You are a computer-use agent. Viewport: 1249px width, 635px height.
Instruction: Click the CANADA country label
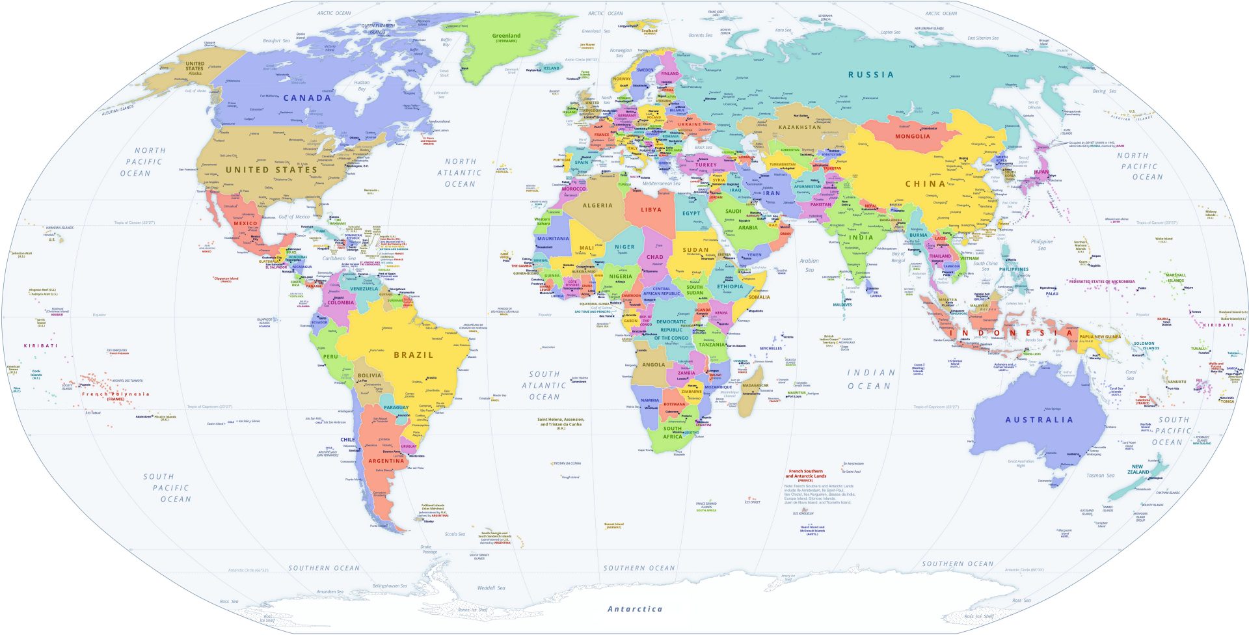[307, 98]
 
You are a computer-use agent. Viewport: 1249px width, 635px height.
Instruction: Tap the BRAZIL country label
[413, 355]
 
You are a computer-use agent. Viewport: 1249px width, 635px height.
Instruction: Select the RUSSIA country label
[870, 75]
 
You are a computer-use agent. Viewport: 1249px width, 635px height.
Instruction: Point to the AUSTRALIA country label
[1039, 420]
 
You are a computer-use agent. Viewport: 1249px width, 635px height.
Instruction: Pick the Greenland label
[506, 36]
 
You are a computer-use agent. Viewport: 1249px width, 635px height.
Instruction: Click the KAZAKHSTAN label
[799, 127]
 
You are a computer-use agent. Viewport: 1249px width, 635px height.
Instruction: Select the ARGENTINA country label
[386, 461]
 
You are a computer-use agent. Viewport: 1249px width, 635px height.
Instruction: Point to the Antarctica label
[635, 610]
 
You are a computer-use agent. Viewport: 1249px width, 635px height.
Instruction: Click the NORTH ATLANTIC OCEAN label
[460, 172]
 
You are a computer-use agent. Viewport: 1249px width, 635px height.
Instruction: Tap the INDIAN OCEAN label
[870, 379]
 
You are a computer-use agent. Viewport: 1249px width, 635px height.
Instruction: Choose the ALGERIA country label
[597, 206]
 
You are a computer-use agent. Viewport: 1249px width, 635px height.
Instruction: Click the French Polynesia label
[115, 394]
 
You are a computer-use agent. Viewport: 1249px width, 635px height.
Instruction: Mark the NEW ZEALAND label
[1137, 469]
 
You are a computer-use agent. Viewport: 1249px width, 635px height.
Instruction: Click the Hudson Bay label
[362, 85]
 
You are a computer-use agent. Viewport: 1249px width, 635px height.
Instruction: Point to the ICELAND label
[551, 68]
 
